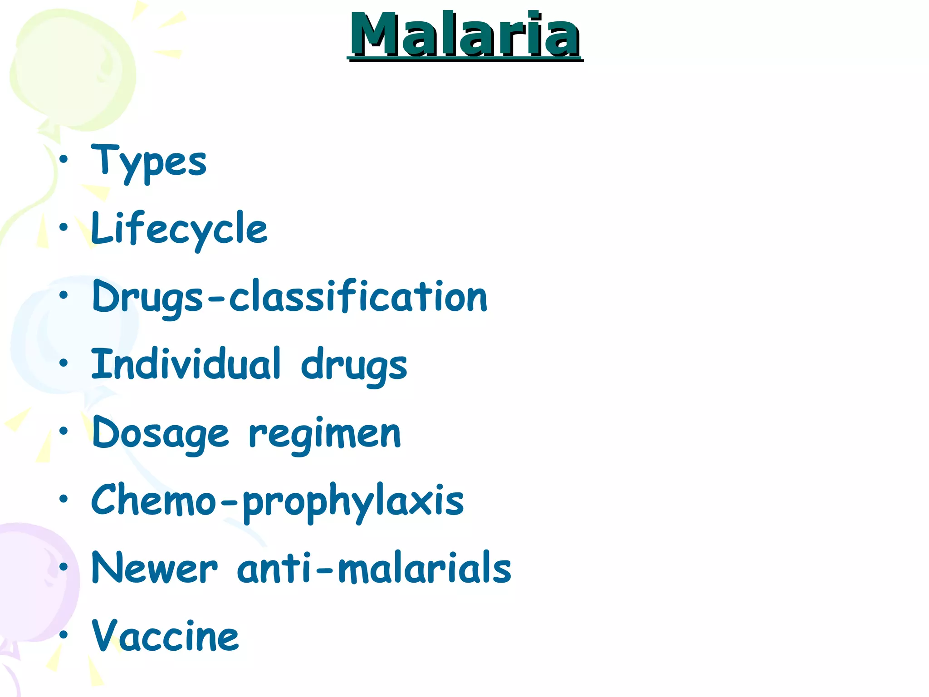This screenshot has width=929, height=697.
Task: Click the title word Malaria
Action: pyautogui.click(x=464, y=35)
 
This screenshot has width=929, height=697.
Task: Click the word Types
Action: pyautogui.click(x=149, y=161)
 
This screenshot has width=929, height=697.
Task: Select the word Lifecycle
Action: pyautogui.click(x=179, y=229)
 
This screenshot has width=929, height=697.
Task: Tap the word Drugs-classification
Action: pyautogui.click(x=289, y=297)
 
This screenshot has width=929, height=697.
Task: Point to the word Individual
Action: pyautogui.click(x=186, y=364)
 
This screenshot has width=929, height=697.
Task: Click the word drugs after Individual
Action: pyautogui.click(x=354, y=366)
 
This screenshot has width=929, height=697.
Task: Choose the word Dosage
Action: pyautogui.click(x=161, y=433)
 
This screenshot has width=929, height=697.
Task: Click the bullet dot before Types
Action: pyautogui.click(x=64, y=159)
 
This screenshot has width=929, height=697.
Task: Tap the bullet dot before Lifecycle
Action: pyautogui.click(x=64, y=227)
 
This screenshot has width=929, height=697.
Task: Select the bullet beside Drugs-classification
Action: pyautogui.click(x=64, y=295)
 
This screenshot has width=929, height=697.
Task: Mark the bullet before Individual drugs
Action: pyautogui.click(x=64, y=363)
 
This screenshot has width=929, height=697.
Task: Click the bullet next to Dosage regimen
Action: pyautogui.click(x=64, y=431)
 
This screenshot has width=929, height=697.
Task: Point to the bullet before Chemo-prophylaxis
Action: pyautogui.click(x=64, y=499)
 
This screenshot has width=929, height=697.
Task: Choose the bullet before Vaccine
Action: pyautogui.click(x=64, y=634)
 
